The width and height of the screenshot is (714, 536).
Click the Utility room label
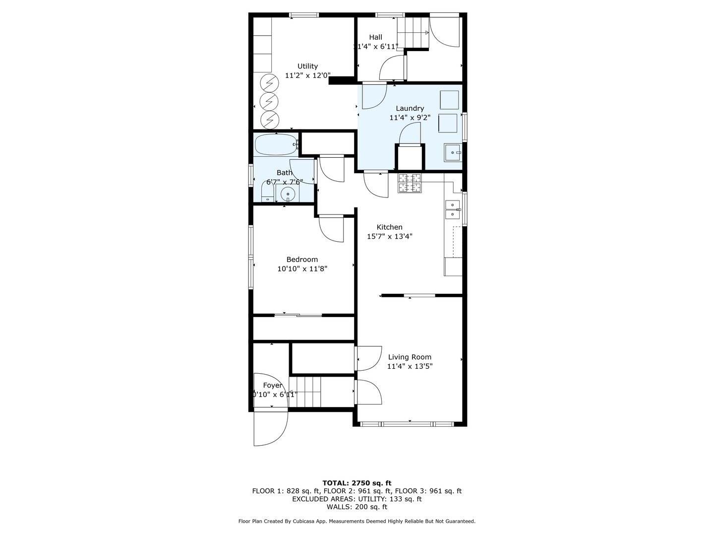[x=307, y=66]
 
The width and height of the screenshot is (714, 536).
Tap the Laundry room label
[x=410, y=108]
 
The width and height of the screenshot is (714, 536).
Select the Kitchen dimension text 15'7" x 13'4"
[x=389, y=237]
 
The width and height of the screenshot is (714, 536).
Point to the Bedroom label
[x=302, y=259]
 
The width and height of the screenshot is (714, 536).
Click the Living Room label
[x=410, y=357]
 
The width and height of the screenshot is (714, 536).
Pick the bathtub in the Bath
[x=276, y=145]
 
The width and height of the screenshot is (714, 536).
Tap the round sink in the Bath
[x=287, y=194]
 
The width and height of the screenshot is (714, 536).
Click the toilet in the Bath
[x=267, y=193]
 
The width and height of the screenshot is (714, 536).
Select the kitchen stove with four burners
[x=410, y=183]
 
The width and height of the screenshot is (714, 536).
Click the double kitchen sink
[x=453, y=209]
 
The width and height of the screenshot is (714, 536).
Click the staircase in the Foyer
[x=305, y=392]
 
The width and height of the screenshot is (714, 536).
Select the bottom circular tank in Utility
[x=270, y=119]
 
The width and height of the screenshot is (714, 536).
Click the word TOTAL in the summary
[x=336, y=483]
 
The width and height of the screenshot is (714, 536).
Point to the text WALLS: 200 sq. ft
[x=357, y=507]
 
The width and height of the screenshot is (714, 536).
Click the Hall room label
[x=375, y=37]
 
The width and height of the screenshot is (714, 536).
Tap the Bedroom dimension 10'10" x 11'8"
[x=302, y=268]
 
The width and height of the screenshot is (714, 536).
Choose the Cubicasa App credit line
[x=357, y=521]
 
